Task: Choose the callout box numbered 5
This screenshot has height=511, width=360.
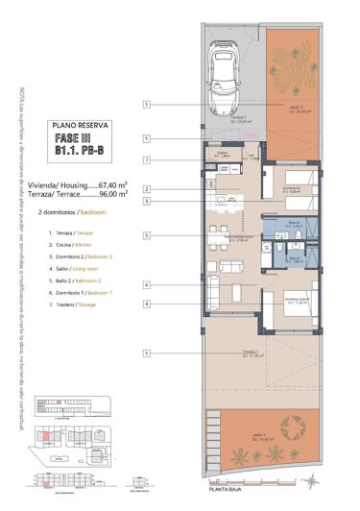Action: pos(147,235)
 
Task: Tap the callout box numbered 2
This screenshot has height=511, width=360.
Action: pos(147,189)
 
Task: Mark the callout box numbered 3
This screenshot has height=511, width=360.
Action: pos(147,202)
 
